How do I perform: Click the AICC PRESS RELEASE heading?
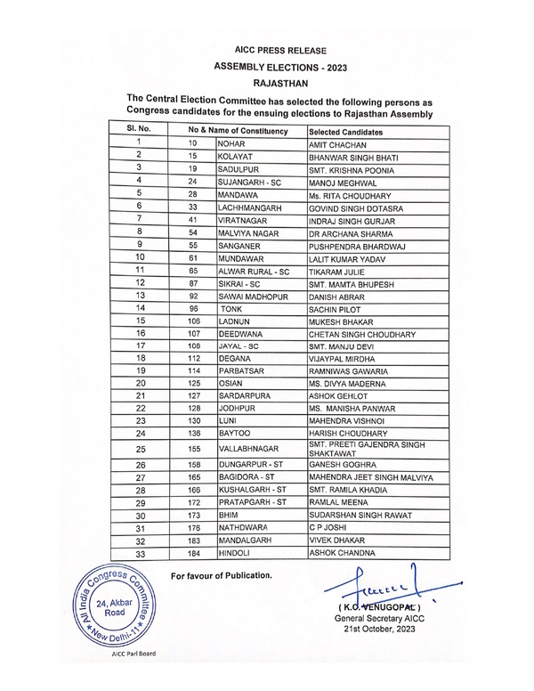pos(280,52)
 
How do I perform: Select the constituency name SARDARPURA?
pos(245,395)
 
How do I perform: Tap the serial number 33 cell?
pos(140,553)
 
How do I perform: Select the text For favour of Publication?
pos(222,575)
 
